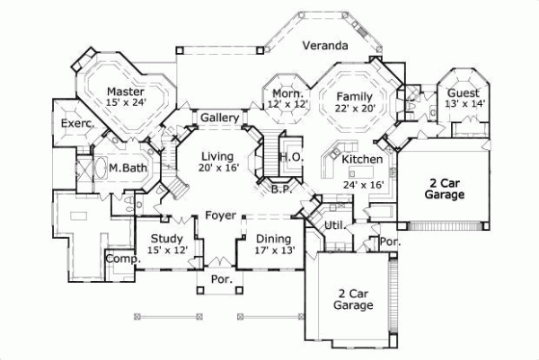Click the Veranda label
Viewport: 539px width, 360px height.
click(x=324, y=45)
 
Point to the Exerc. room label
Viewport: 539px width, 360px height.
click(x=77, y=123)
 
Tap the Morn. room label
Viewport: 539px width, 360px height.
click(x=286, y=93)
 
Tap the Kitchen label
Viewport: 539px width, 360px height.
click(x=363, y=160)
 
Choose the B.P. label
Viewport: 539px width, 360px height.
click(x=279, y=189)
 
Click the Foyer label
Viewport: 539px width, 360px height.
click(x=220, y=215)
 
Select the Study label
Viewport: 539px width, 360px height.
click(x=167, y=238)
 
